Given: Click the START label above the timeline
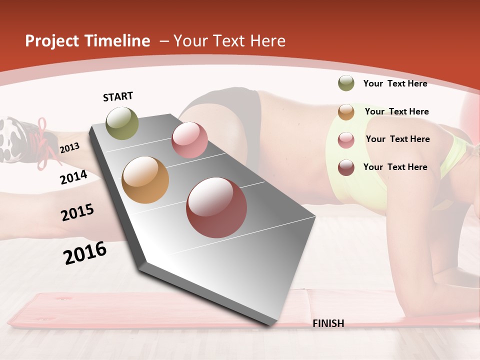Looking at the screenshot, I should [118, 96].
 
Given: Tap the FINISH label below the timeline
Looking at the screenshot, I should [328, 323].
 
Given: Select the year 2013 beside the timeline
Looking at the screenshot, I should [69, 147].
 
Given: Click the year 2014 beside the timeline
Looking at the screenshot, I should [73, 177].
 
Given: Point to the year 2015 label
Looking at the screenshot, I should [77, 212].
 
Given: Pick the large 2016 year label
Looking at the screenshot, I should [85, 253].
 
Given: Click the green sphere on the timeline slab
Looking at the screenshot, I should [122, 123].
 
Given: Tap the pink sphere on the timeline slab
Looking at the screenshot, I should [189, 140].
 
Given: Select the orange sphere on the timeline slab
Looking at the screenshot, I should [145, 180].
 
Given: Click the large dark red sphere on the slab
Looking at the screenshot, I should [216, 207].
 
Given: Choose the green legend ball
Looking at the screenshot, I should [346, 83].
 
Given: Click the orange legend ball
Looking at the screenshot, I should [346, 112].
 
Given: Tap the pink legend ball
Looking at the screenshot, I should [346, 140].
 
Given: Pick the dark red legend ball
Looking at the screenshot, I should [346, 167].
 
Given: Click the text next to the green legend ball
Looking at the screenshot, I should [395, 83].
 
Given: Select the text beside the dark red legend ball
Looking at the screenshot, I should [395, 167].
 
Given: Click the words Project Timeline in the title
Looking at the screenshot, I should [87, 41].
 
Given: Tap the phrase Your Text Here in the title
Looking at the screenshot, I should [229, 41].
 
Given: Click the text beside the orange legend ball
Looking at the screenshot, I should [396, 111].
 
